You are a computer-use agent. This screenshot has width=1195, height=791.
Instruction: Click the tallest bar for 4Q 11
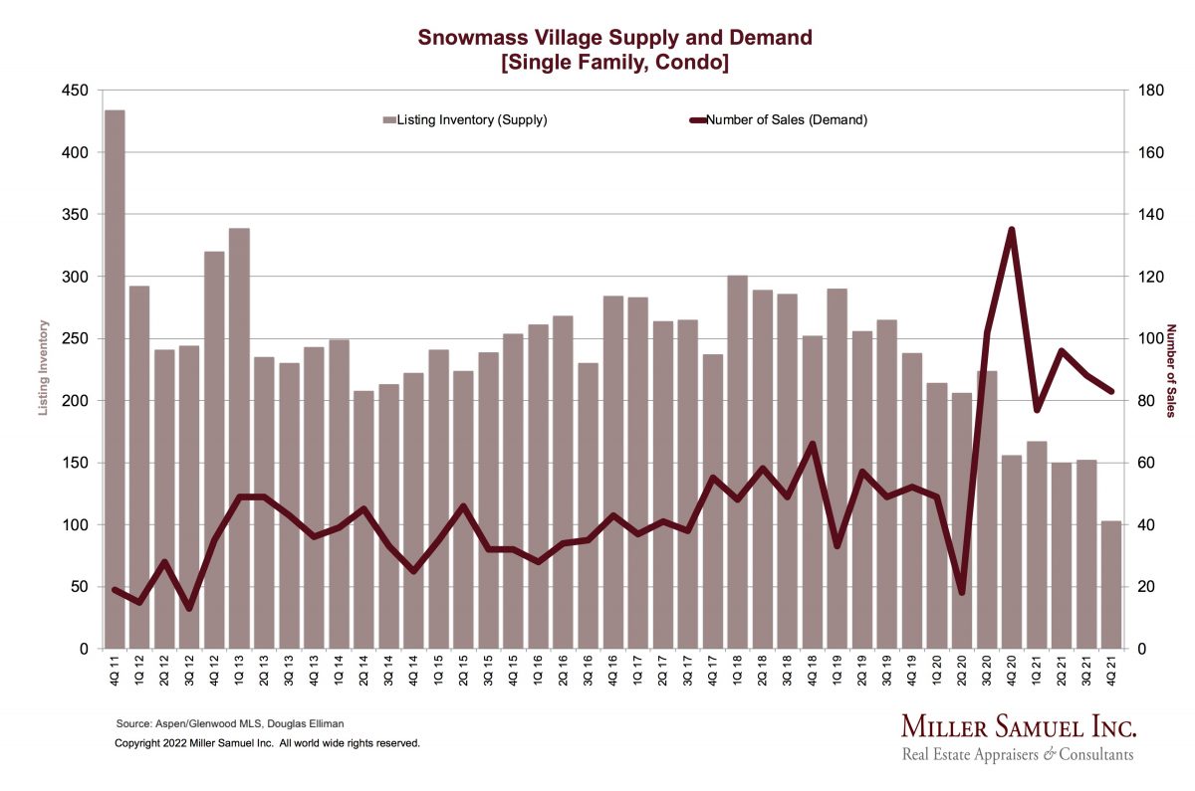click(x=115, y=378)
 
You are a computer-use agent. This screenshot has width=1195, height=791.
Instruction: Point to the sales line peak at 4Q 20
click(x=1012, y=230)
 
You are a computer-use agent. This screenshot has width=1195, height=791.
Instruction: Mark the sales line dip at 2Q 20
click(x=962, y=592)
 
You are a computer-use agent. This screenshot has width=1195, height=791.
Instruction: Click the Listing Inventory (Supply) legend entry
click(x=465, y=120)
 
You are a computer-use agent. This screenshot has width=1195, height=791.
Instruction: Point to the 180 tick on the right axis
click(x=1144, y=91)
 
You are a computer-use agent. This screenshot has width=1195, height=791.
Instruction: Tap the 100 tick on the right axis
click(x=1144, y=338)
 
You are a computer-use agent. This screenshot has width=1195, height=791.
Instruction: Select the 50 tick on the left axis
click(x=80, y=586)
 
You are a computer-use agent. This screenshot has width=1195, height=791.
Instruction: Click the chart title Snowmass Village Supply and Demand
click(x=614, y=38)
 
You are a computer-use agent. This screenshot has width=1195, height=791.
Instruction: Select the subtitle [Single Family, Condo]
click(x=614, y=63)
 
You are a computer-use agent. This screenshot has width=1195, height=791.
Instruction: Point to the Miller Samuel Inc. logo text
click(x=1018, y=725)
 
